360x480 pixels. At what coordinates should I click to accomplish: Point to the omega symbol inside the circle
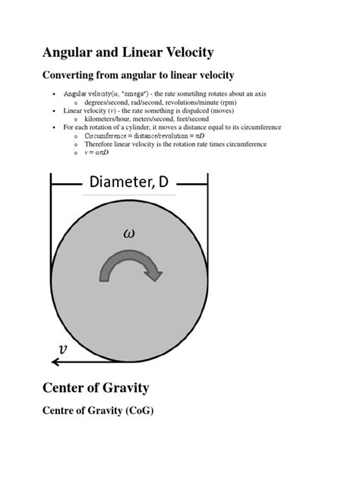pyautogui.click(x=129, y=233)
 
